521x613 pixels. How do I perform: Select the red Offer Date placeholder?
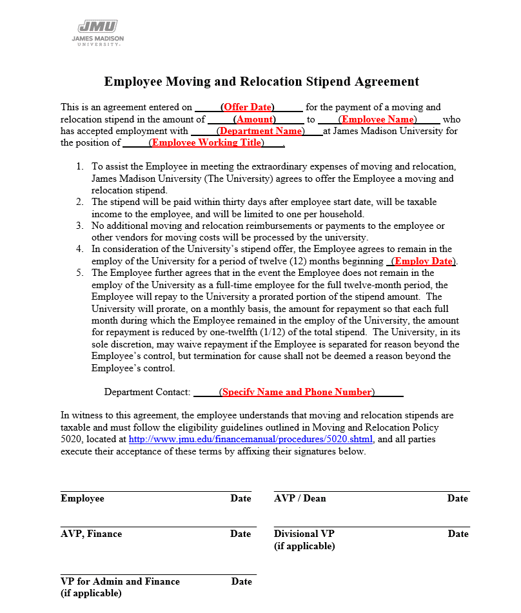248,107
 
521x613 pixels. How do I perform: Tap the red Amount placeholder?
255,119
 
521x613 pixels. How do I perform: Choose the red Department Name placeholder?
260,131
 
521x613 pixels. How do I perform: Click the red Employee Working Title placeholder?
207,143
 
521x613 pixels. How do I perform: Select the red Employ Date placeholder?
424,261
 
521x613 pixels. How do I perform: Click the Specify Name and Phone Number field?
297,392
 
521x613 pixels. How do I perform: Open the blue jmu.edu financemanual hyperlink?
251,440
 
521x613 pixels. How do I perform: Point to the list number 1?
79,167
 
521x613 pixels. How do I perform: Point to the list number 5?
79,273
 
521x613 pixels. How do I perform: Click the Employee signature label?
83,498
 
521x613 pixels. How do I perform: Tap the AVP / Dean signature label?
300,498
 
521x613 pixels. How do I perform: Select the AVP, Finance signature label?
91,534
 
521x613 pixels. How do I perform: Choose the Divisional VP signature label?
304,534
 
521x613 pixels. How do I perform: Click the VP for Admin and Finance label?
120,581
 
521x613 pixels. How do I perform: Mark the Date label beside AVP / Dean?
458,498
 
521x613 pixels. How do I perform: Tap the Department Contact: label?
147,392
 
